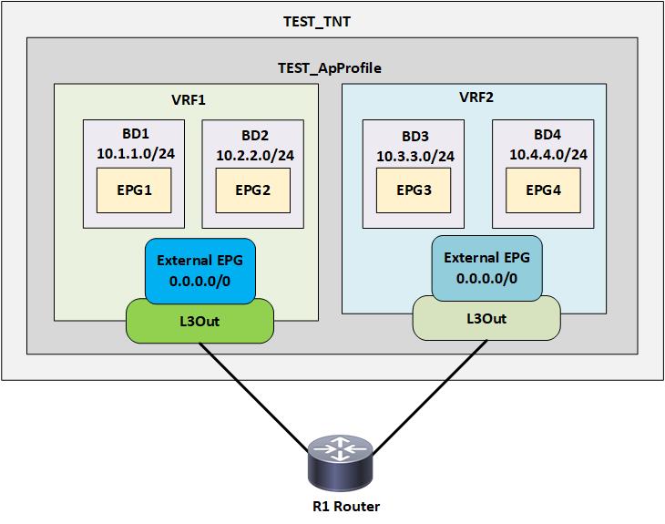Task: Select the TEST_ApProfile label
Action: point(330,68)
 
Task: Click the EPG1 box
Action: point(135,190)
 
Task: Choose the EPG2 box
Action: point(252,190)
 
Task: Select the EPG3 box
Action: point(415,190)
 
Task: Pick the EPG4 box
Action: point(544,190)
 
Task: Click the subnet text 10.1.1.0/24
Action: point(136,153)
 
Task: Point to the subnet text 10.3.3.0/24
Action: point(415,156)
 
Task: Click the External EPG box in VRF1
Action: point(199,271)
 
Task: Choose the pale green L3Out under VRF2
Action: point(486,319)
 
